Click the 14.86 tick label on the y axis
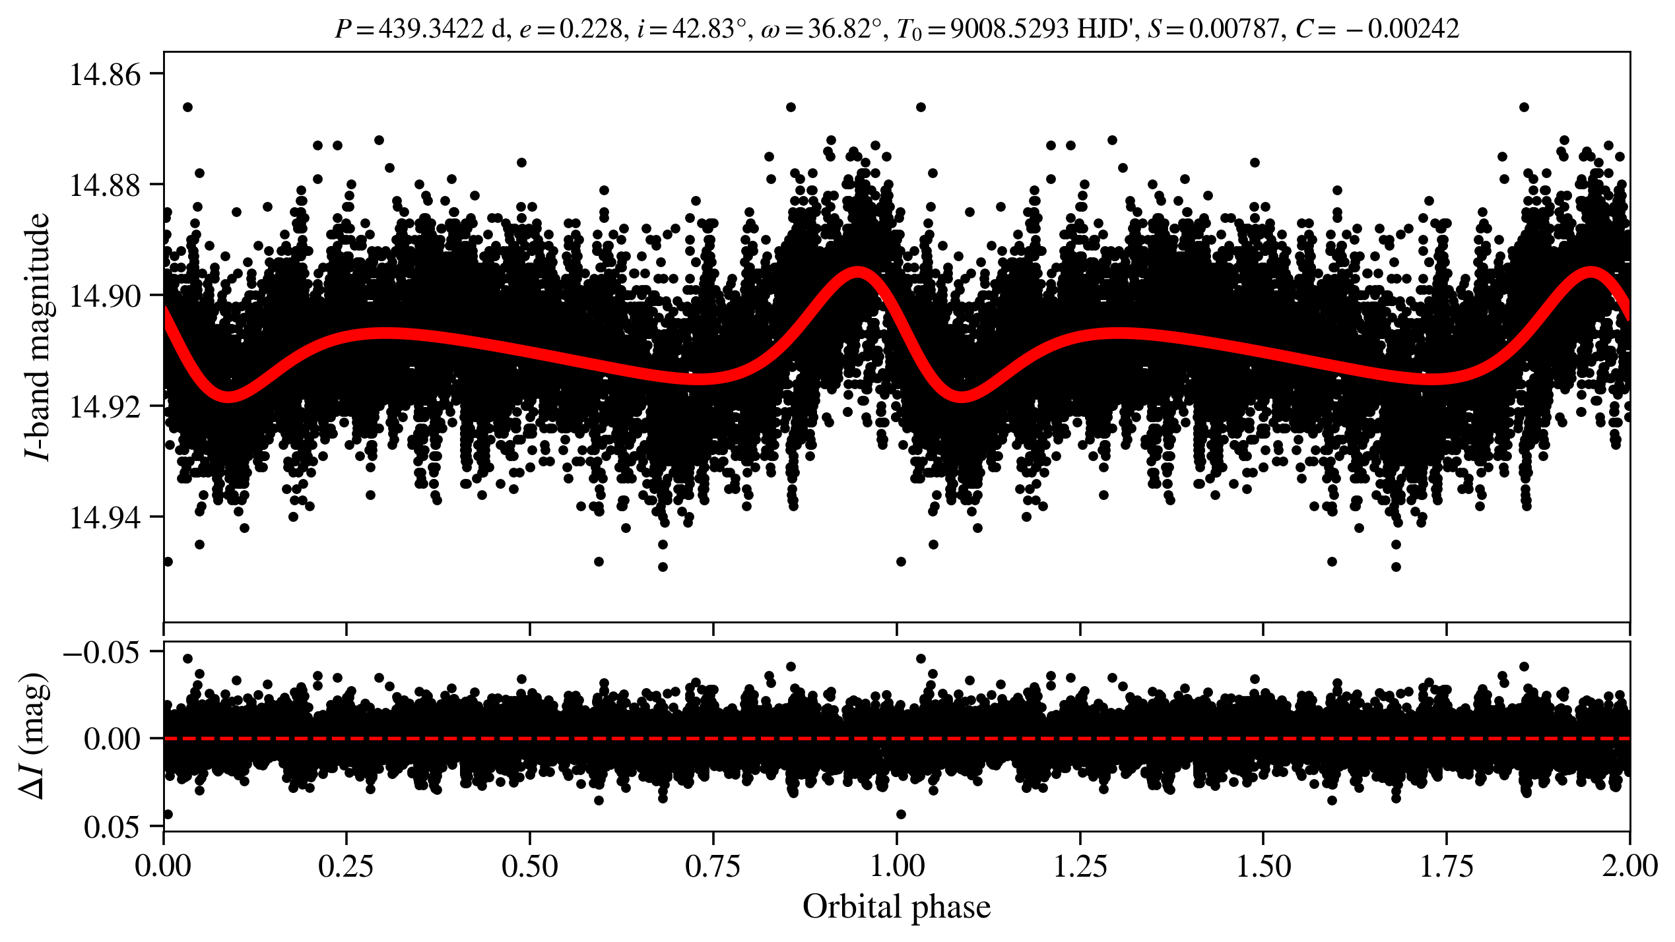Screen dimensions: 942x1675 pos(105,75)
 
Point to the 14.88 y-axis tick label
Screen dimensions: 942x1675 pos(105,185)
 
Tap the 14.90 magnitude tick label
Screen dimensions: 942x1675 pos(105,296)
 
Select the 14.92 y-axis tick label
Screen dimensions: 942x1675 pos(105,407)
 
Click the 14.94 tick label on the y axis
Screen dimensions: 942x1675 pos(105,518)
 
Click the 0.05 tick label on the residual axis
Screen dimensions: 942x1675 pos(112,827)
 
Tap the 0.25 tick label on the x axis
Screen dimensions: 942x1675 pos(346,866)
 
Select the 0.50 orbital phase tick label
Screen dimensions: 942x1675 pos(530,866)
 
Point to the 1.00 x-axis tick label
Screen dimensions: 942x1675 pos(896,866)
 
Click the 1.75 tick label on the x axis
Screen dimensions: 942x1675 pos(1446,866)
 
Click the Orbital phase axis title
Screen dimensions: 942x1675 pos(896,907)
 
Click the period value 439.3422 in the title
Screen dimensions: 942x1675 pos(431,29)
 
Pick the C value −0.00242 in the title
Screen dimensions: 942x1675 pos(1412,29)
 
